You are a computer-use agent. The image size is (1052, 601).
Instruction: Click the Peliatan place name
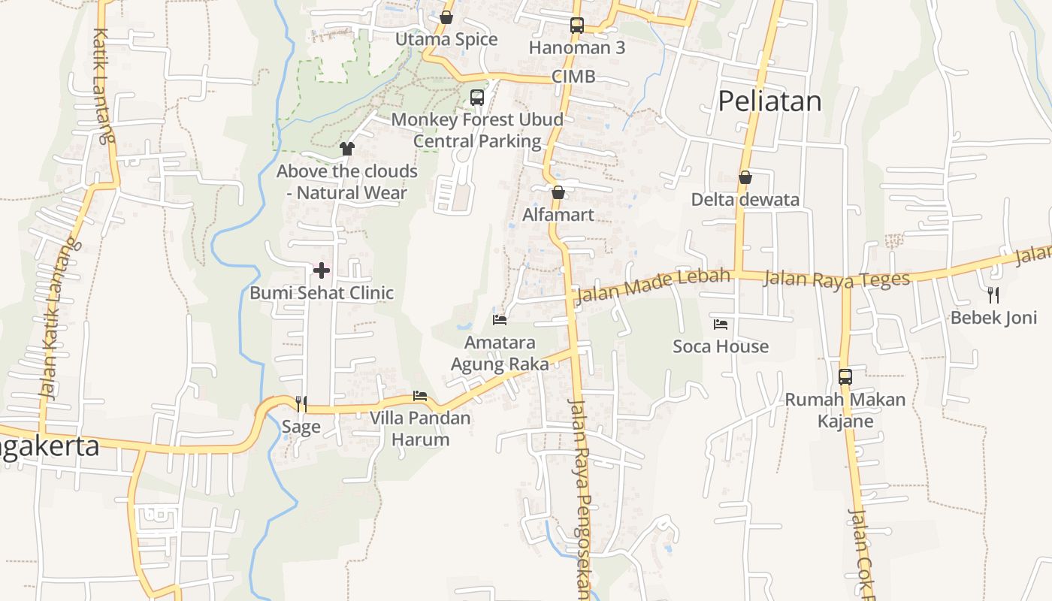pos(769,101)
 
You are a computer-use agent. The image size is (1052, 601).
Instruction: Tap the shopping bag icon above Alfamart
pos(558,192)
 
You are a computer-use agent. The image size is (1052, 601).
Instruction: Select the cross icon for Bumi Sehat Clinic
pos(322,270)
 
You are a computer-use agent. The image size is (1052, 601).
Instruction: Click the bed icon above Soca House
pos(721,325)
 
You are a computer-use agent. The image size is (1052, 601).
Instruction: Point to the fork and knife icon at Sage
pos(301,404)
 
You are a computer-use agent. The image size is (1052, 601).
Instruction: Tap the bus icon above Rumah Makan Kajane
pos(845,376)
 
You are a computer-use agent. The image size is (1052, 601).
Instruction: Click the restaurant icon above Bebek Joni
pos(993,294)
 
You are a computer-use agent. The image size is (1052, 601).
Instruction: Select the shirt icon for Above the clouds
pos(346,149)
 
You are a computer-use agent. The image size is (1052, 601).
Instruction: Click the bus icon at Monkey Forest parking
pos(477,97)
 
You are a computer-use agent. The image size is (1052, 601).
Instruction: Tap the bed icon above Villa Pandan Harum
pos(420,396)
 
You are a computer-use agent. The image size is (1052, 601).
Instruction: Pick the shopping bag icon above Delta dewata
pos(745,177)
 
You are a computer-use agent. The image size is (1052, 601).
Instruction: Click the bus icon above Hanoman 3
pos(576,26)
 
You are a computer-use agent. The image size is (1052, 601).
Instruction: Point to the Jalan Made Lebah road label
pos(651,285)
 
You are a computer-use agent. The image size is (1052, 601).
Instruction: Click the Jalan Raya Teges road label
pos(836,279)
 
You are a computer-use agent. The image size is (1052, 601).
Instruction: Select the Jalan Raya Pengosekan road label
pos(580,496)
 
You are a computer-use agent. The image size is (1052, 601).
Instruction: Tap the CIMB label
pos(573,76)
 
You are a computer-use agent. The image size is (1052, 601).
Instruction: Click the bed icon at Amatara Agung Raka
pos(500,320)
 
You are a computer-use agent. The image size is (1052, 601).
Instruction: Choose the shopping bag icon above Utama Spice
pos(446,17)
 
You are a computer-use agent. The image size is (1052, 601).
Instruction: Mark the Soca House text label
pos(721,346)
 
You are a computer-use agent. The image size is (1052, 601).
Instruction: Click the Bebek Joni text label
pos(993,317)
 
